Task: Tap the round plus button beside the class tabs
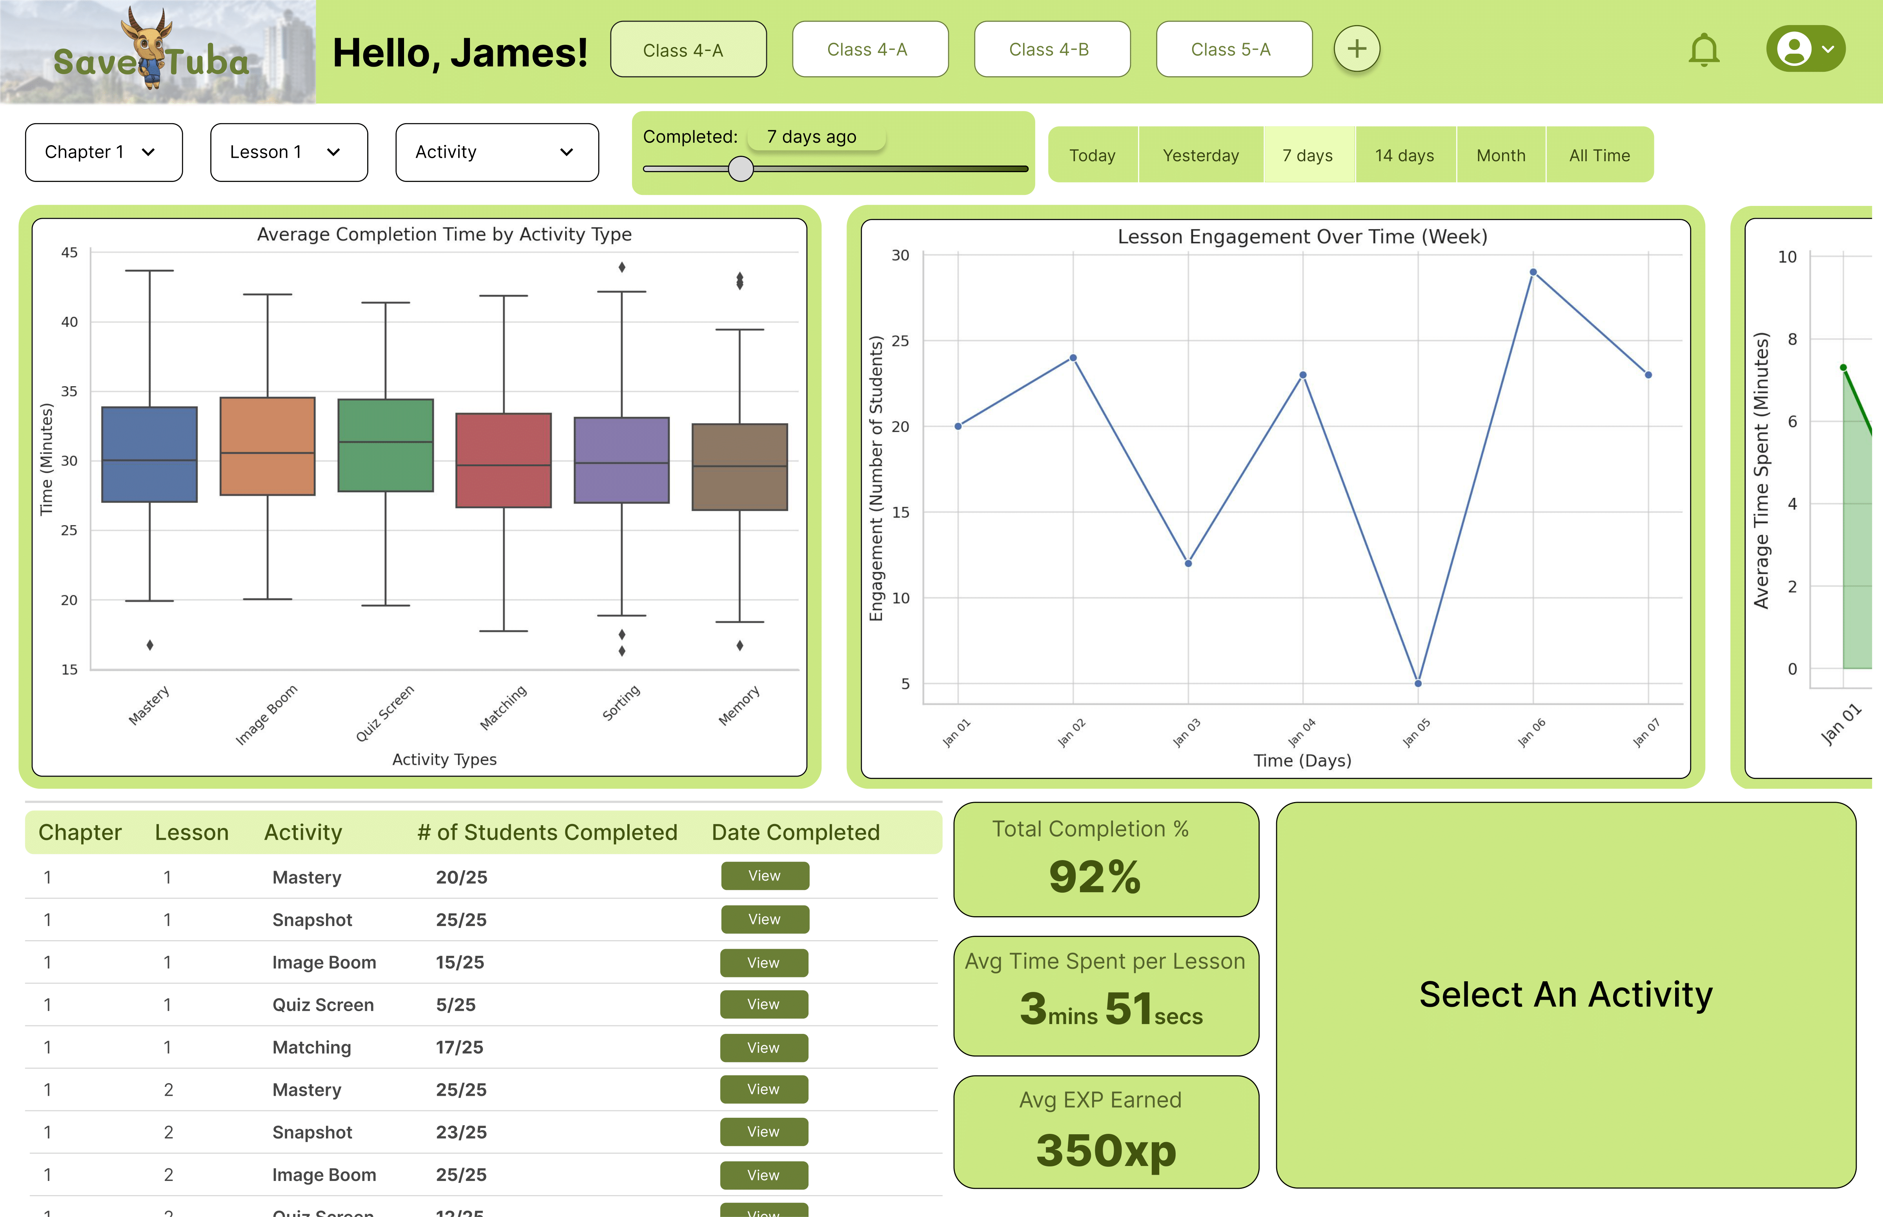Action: [1357, 49]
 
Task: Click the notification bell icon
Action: [1704, 51]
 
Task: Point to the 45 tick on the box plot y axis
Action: [69, 253]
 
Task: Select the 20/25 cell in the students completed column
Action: [462, 877]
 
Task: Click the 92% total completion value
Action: [1095, 877]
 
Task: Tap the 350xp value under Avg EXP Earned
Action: [1106, 1150]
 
